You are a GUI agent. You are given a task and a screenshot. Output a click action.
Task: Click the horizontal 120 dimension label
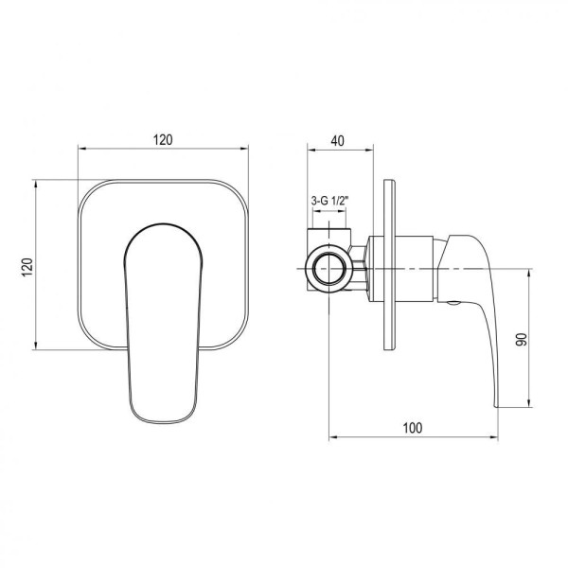(x=163, y=140)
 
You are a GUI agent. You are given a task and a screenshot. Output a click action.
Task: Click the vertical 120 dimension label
(x=27, y=267)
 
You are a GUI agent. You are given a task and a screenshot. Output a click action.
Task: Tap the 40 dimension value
(x=337, y=140)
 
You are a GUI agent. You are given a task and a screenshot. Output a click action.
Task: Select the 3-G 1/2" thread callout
(x=329, y=201)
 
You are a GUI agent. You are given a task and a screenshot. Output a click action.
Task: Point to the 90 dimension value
(x=522, y=339)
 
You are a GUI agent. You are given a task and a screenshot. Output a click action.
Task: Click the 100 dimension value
(x=413, y=428)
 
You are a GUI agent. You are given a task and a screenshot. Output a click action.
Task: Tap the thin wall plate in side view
(x=389, y=265)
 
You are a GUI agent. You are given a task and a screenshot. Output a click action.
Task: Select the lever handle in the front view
(x=163, y=323)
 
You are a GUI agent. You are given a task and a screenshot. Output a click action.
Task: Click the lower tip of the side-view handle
(x=497, y=406)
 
